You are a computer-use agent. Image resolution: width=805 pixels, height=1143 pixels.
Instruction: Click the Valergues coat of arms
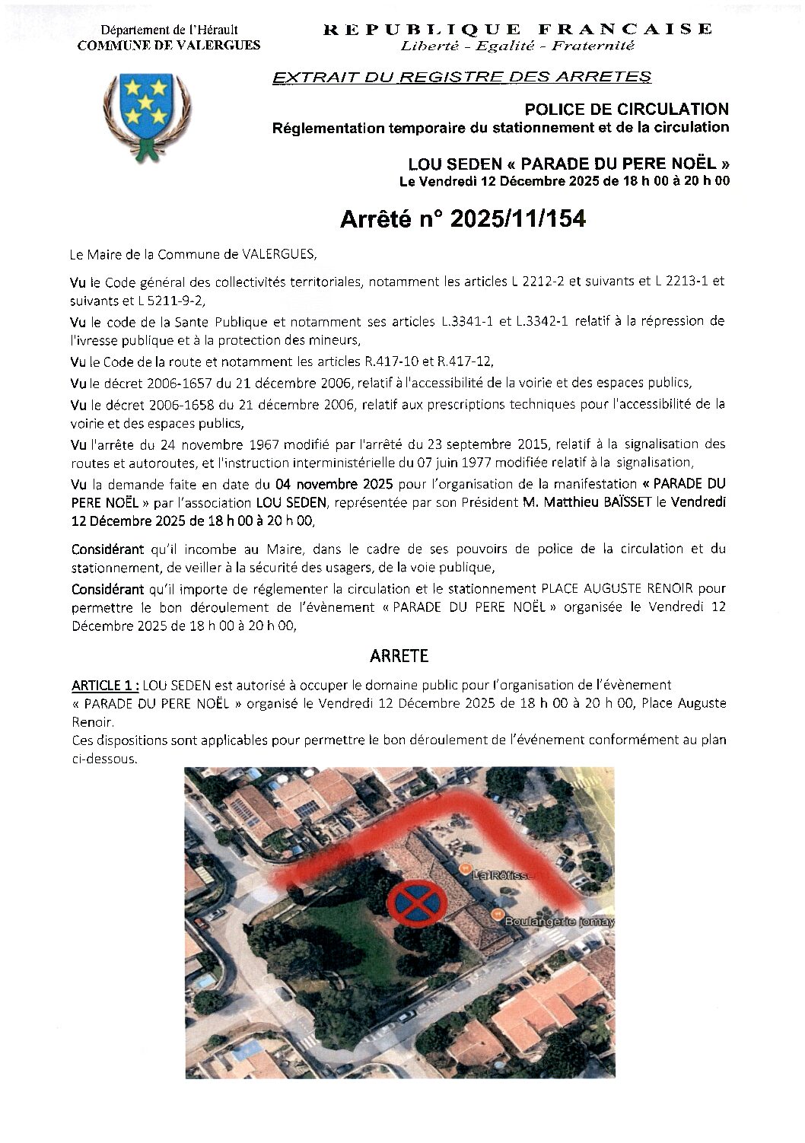tap(146, 115)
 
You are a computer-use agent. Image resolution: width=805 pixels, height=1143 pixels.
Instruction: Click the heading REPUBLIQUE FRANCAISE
tap(517, 30)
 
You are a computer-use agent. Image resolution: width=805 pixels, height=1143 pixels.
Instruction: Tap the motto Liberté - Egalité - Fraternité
tap(517, 46)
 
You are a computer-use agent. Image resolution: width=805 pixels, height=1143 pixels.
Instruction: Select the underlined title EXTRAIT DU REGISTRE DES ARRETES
tap(462, 77)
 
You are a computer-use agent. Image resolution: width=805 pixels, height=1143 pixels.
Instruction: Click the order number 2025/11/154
tap(518, 219)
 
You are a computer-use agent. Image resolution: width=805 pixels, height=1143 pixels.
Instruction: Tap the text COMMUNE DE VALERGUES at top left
tap(169, 45)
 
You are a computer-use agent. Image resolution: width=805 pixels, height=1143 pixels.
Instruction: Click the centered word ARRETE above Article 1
tap(399, 655)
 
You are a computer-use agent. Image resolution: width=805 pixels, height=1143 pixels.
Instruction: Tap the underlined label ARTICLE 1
tap(105, 684)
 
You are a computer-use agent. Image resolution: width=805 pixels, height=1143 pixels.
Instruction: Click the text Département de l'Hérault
tap(169, 30)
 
